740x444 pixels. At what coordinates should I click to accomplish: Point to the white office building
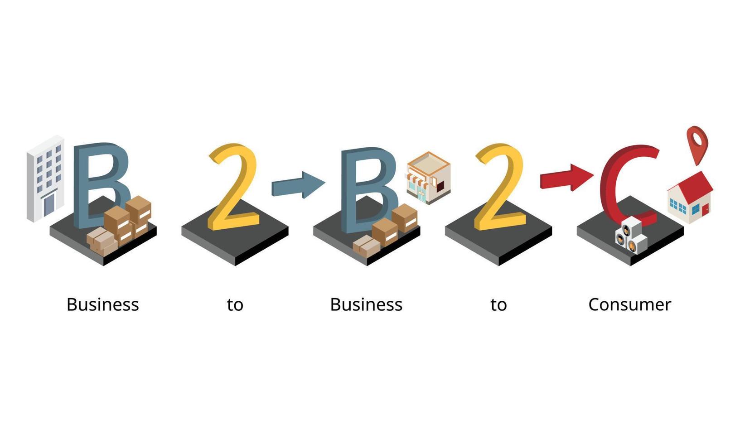(45, 179)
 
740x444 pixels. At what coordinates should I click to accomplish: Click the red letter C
(625, 181)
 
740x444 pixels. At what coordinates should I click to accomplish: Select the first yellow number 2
(233, 186)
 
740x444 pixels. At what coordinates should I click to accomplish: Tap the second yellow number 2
(499, 186)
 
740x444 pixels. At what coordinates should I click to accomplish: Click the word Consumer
(629, 304)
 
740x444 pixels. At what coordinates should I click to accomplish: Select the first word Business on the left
(102, 304)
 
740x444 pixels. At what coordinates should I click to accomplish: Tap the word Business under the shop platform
(366, 304)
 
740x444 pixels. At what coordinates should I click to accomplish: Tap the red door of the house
(705, 209)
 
